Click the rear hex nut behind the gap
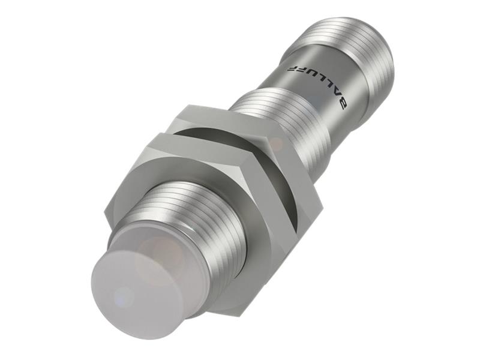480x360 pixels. [x=264, y=162]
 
